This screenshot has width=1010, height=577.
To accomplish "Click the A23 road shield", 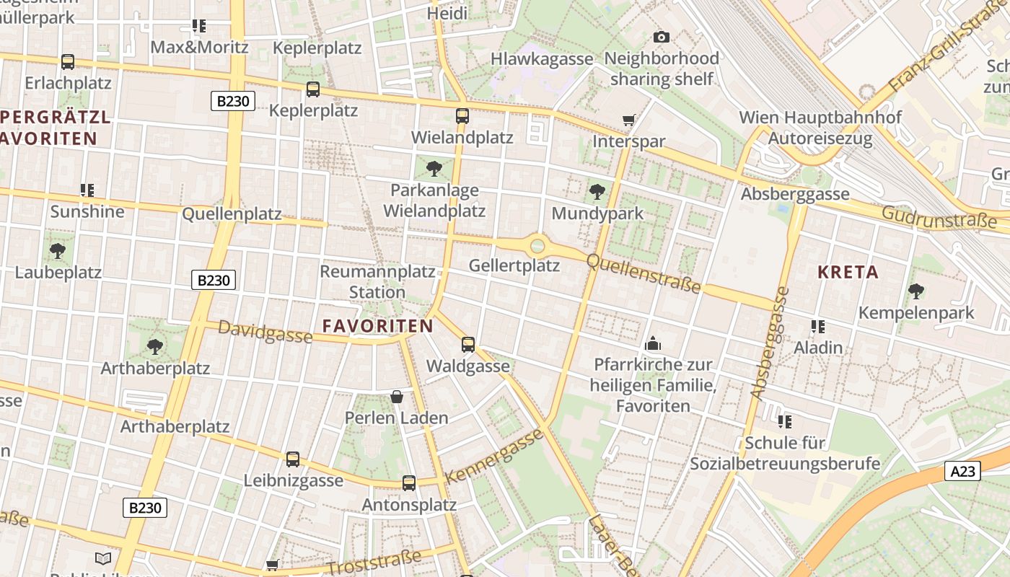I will pos(962,472).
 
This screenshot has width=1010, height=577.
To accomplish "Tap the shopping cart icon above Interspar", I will pos(628,120).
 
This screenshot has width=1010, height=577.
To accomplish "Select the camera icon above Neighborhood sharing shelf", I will pos(661,37).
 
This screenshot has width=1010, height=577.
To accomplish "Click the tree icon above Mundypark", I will pos(597,191).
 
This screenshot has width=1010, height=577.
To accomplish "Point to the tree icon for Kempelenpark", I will pos(915,291).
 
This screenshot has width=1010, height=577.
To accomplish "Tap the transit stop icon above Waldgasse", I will pos(468,344).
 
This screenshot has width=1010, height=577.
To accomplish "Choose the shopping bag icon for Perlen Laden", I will pos(396,396).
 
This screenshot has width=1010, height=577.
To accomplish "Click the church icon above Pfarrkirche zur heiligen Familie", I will pos(653,343).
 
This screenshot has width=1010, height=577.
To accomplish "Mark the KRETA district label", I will pos(848,272).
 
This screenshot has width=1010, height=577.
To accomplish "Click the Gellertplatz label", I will pos(514,265).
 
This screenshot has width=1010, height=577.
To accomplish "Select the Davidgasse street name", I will pos(265,332).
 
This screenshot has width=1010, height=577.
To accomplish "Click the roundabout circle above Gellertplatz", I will pos(537,246).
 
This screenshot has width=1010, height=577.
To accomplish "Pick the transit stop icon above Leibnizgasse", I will pos(292,459).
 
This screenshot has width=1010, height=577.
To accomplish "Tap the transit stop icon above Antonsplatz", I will pos(409,483).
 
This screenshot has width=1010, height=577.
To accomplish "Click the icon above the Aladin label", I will pos(817,326).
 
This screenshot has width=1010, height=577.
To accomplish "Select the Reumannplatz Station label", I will pos(377,282).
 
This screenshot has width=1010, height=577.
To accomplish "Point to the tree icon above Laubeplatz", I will pos(58,251).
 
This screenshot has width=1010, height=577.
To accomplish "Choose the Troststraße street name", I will pos(373,564).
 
